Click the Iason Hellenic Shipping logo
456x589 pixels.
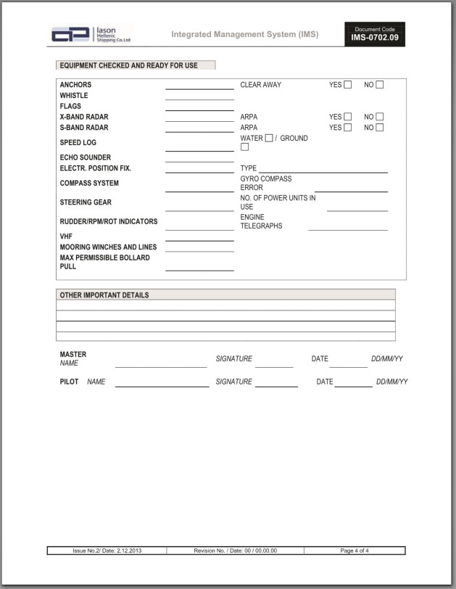point(91,34)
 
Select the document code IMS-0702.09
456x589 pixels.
point(374,37)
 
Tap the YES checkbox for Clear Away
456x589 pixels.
point(348,85)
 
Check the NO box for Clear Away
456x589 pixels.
point(380,85)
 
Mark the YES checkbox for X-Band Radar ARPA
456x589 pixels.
point(348,117)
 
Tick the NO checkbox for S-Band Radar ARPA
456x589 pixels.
point(380,128)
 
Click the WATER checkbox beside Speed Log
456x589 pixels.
point(269,139)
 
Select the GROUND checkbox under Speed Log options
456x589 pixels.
point(245,147)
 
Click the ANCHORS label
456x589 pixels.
point(75,85)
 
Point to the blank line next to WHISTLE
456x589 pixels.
point(199,99)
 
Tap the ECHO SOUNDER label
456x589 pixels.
point(86,157)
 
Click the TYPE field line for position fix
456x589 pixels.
point(323,172)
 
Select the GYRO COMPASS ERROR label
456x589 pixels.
point(266,183)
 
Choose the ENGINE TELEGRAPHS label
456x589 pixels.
point(262,221)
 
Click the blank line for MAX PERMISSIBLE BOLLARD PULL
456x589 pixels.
point(199,270)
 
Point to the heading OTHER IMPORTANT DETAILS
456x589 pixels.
point(104,295)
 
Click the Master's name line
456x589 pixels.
point(160,366)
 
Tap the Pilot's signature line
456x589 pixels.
point(276,386)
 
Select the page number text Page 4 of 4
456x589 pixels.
point(355,551)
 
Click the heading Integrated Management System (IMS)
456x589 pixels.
point(244,34)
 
